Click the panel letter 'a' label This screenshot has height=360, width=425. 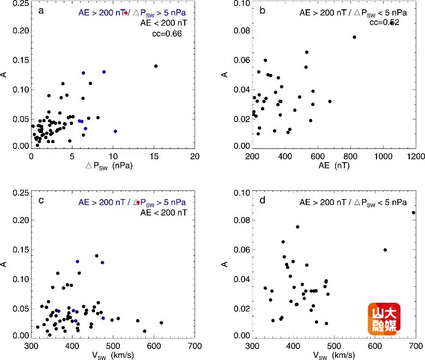[41, 10]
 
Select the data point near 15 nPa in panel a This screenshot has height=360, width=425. [156, 66]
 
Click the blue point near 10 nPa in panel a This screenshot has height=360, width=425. [115, 131]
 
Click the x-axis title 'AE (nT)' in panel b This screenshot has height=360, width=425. [334, 165]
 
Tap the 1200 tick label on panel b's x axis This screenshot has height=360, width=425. [416, 156]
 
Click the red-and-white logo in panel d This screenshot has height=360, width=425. [384, 319]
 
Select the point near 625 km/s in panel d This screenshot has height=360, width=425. [385, 250]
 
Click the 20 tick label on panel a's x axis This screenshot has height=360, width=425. [195, 156]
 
